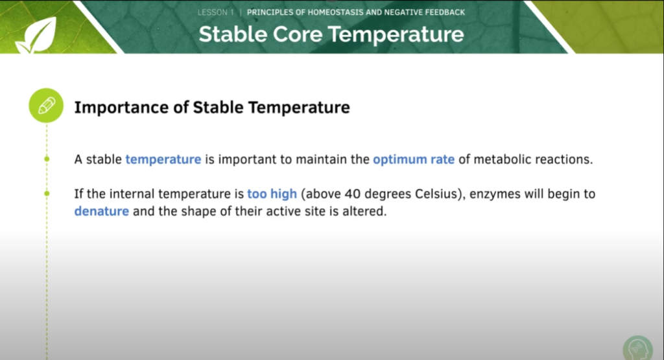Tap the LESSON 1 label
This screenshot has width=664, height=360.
pos(216,12)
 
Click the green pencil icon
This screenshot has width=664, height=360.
pos(47,106)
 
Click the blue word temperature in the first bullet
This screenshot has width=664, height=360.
pos(163,160)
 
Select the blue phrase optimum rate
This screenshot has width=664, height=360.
pos(413,160)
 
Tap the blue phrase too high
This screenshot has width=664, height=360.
pos(272,194)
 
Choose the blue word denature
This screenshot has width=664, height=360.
pos(102,211)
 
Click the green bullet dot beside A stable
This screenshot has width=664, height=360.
pos(47,159)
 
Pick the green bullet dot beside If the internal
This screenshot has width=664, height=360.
pos(47,193)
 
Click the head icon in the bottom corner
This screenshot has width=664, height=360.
pos(636,348)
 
